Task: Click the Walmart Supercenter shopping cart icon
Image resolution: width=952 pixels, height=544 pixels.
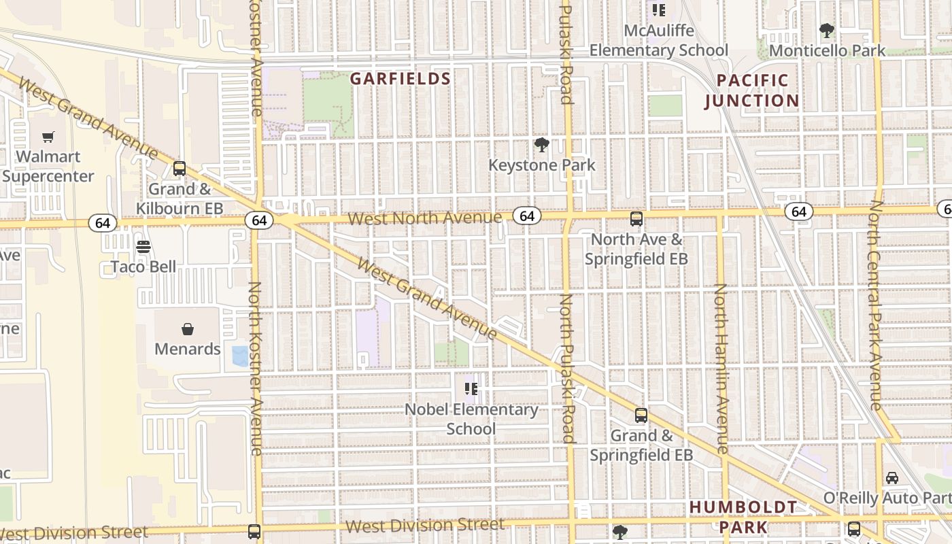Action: coord(48,137)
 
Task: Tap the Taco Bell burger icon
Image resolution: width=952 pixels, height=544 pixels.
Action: coord(143,247)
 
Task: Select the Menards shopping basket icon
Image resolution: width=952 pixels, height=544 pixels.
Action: coord(188,329)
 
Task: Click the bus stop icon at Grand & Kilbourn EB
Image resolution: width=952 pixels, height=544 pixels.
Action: coord(180,168)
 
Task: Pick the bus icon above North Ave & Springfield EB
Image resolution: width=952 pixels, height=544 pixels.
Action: coord(636,219)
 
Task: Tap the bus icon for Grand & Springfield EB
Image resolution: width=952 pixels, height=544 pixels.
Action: coord(641,415)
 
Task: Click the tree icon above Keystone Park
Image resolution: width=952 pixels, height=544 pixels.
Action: coord(541,144)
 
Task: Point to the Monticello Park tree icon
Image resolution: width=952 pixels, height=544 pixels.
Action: coord(827,30)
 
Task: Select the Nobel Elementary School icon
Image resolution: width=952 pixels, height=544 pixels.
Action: coord(471,389)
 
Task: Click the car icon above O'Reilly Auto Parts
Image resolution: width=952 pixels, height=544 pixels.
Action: coord(892,477)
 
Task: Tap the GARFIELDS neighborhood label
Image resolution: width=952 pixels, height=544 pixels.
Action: coord(401,79)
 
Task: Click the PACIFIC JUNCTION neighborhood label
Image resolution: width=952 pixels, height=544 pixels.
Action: coord(752,90)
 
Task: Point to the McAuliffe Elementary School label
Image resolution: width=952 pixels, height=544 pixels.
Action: coord(658,40)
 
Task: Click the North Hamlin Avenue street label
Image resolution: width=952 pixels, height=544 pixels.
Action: coord(721,368)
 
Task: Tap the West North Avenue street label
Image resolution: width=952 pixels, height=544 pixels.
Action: coord(425,218)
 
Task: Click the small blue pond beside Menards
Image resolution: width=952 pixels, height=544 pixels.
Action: coord(240,356)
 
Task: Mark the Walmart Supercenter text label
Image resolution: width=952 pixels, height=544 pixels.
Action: coord(48,167)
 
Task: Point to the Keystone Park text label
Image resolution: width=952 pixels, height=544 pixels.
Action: coord(542,165)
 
